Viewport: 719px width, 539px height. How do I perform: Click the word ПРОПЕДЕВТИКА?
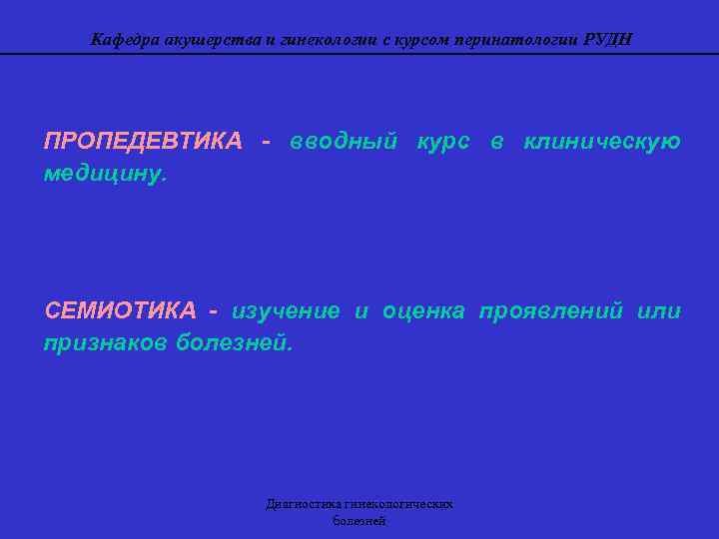tap(143, 141)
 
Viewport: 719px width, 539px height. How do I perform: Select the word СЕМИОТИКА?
tap(120, 310)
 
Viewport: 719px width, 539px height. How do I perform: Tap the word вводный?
tap(344, 141)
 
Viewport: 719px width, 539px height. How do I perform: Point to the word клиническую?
tap(602, 141)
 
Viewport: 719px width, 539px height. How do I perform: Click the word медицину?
tap(106, 174)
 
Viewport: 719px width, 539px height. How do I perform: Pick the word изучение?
tap(286, 310)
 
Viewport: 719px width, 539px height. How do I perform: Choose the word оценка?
tap(424, 310)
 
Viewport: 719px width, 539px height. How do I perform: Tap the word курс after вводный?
tap(442, 141)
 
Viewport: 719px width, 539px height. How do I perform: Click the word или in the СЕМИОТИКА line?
tap(659, 310)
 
